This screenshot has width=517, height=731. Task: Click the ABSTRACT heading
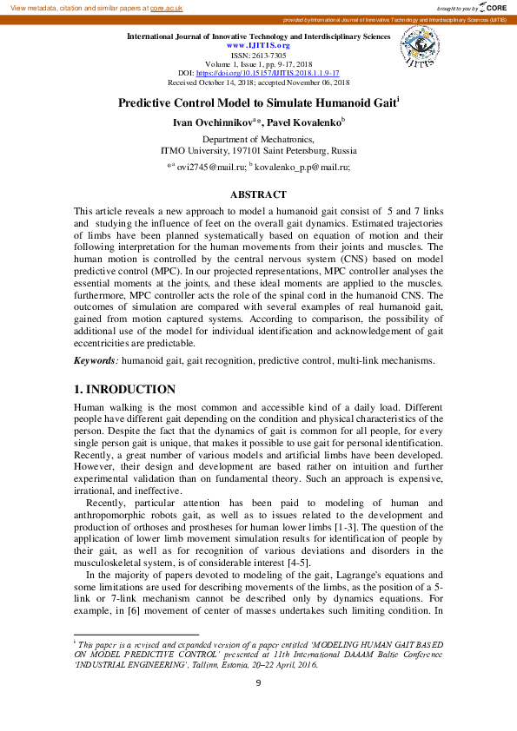(258, 194)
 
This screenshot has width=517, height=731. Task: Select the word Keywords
(94, 359)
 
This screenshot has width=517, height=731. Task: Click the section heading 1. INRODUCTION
(124, 389)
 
